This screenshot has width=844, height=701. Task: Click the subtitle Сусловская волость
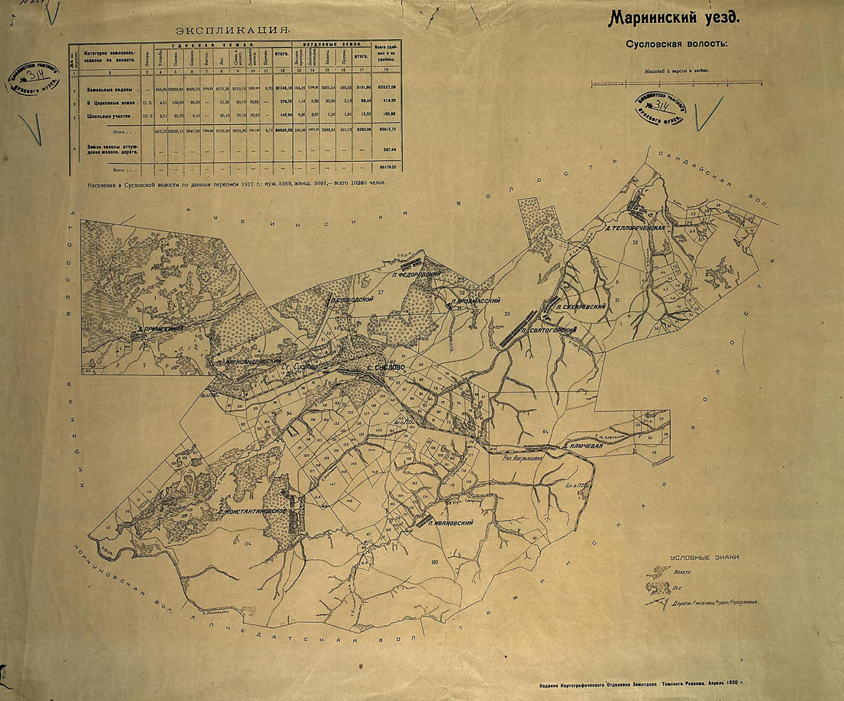coord(674,43)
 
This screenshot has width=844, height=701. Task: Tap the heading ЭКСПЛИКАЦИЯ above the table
coord(233,30)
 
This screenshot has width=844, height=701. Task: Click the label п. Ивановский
coord(450,523)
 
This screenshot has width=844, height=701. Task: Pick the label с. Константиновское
coord(252,511)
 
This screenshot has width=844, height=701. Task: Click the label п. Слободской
coord(351,301)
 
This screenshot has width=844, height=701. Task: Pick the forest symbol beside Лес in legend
coord(658,587)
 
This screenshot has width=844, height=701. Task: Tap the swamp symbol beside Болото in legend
coord(658,572)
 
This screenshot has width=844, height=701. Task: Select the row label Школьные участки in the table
coord(116,115)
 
